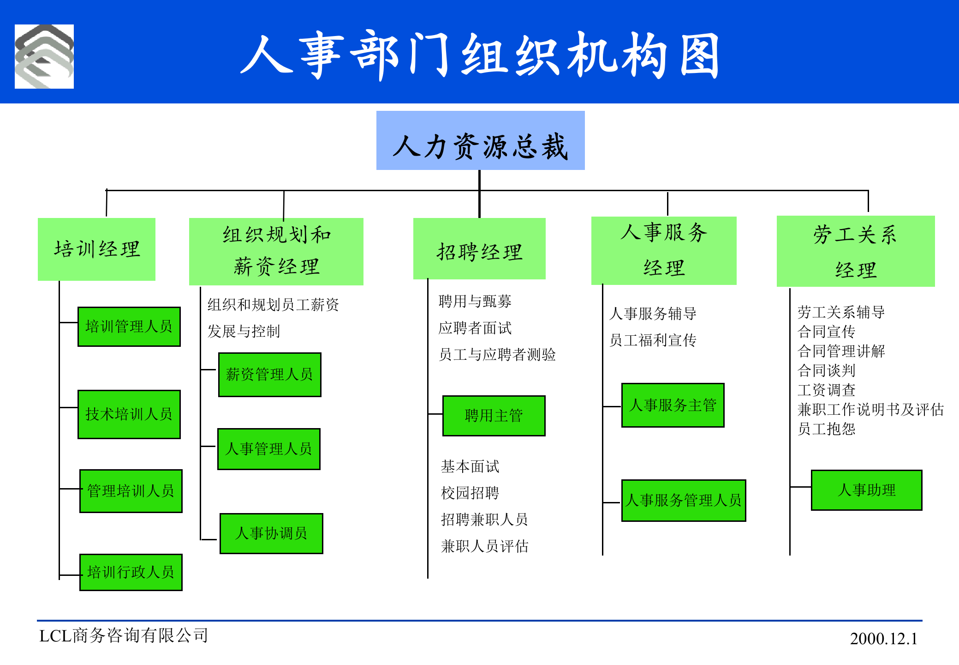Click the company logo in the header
[x=44, y=56]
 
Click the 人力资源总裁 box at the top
[x=480, y=141]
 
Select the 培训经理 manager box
[x=96, y=249]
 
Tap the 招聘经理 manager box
[x=479, y=249]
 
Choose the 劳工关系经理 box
[x=855, y=251]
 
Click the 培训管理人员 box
[x=129, y=326]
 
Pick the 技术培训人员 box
[x=129, y=414]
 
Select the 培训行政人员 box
[x=131, y=572]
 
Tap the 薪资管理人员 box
[x=269, y=375]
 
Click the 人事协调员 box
[x=271, y=533]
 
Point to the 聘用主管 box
[x=494, y=416]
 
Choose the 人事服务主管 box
[x=673, y=405]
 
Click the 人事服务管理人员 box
[x=684, y=500]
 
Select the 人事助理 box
[x=866, y=490]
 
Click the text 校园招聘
[x=470, y=493]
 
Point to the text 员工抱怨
[x=826, y=429]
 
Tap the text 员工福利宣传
[x=653, y=340]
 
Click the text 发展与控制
[x=244, y=331]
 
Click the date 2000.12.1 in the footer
[x=883, y=639]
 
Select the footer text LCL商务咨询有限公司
[x=124, y=636]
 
